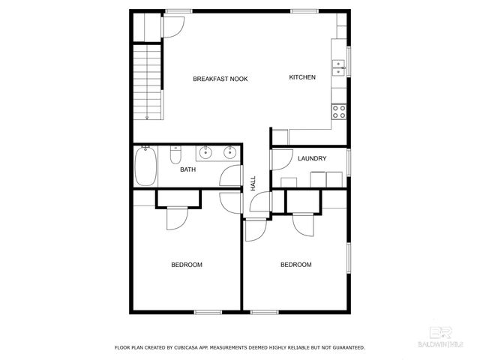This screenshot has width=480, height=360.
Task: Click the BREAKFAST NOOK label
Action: [220, 79]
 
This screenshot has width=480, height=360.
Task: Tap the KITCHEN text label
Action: [302, 77]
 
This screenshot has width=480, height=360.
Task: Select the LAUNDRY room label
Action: [310, 159]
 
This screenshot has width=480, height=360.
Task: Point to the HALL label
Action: [253, 182]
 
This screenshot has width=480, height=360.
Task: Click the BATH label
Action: [187, 170]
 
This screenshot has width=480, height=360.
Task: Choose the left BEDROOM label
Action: [187, 265]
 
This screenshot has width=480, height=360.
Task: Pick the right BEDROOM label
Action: [295, 265]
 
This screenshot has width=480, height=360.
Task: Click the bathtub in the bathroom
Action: [145, 166]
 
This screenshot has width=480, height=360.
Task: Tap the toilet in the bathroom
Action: [175, 154]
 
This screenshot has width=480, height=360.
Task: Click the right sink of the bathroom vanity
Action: [229, 153]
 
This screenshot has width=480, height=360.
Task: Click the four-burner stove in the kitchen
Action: [339, 112]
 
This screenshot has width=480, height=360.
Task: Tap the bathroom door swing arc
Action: [228, 178]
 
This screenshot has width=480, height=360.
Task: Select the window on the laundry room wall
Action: [349, 162]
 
